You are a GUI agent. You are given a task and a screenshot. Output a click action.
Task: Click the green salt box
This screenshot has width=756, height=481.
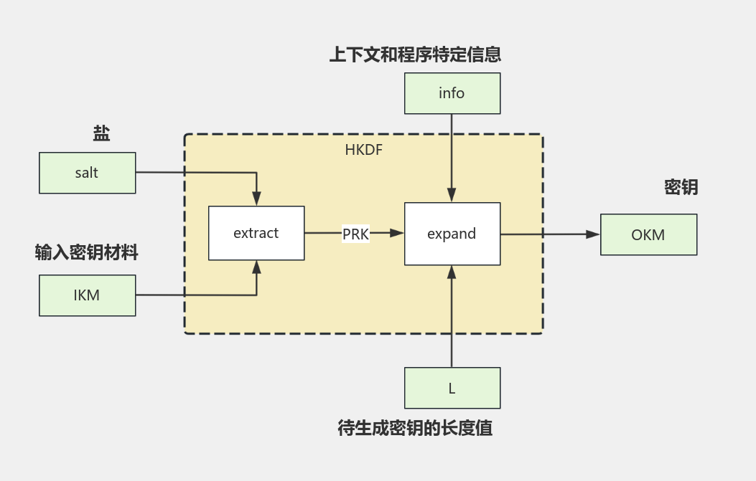(x=87, y=173)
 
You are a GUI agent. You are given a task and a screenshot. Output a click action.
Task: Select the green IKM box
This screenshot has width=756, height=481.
(x=87, y=295)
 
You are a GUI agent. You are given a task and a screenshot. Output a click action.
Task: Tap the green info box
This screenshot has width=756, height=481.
(x=452, y=93)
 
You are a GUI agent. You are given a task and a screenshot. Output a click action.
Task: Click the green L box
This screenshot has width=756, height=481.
(x=452, y=389)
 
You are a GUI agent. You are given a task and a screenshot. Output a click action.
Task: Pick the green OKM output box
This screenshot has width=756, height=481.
(x=648, y=234)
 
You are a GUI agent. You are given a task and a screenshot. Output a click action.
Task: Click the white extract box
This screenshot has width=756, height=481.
(x=256, y=233)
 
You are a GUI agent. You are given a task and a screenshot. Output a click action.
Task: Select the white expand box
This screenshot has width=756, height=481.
(x=452, y=234)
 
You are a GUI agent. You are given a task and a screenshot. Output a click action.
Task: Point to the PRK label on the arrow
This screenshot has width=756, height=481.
(x=355, y=234)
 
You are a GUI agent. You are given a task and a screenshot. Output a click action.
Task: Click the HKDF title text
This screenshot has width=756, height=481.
(x=364, y=151)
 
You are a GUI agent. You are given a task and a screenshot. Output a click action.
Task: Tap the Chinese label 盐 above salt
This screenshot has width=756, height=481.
(x=101, y=133)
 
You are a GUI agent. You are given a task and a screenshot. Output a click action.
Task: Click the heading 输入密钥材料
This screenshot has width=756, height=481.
(x=87, y=252)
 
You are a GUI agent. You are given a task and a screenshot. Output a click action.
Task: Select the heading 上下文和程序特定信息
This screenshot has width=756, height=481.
(x=415, y=55)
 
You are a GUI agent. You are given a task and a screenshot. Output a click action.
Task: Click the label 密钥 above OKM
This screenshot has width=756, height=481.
(x=681, y=187)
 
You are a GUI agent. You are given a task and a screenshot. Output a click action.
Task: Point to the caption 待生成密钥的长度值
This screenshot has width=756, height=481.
(x=415, y=429)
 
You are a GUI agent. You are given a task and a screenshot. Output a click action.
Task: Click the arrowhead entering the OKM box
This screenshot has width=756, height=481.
(x=593, y=234)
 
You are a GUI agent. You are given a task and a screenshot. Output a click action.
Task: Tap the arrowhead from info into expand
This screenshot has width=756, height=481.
(x=452, y=195)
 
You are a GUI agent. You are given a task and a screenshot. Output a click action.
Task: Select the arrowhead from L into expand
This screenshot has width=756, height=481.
(x=452, y=272)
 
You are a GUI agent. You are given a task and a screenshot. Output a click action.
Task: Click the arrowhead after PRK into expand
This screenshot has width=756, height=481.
(x=397, y=233)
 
